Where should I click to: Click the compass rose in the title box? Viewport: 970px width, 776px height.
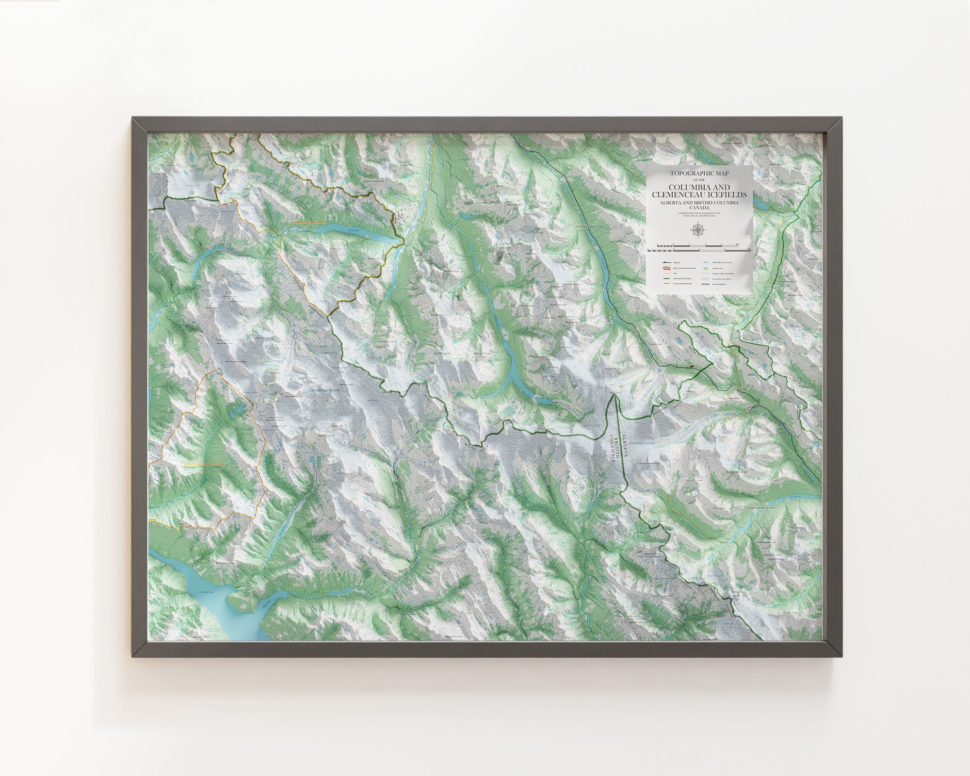pos(698,229)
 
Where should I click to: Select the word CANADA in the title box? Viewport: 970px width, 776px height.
pos(699,208)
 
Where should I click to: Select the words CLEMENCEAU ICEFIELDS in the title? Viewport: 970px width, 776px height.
pos(699,194)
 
